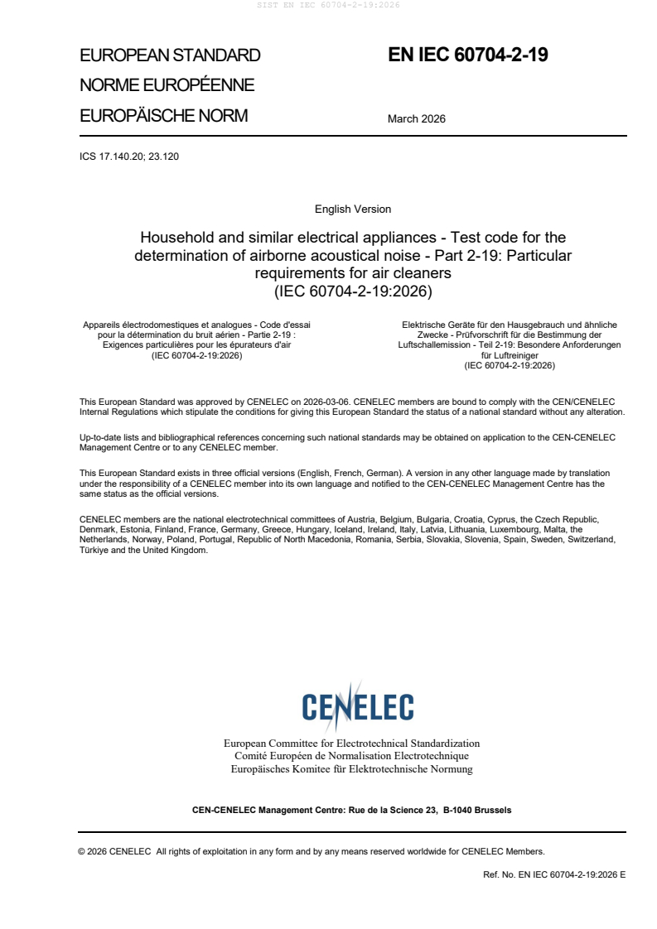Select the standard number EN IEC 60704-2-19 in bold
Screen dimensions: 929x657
pos(468,55)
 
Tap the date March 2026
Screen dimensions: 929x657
pos(417,118)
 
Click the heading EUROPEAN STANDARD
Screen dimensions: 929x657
pos(170,55)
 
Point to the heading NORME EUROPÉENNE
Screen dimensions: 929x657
pos(167,85)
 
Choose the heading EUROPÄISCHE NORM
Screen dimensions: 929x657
pos(163,116)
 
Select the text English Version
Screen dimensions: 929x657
pos(353,209)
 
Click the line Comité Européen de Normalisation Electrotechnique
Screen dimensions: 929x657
pos(352,756)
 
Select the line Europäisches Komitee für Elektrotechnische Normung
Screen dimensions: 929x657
pos(352,769)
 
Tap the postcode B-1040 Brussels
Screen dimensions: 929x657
pos(477,810)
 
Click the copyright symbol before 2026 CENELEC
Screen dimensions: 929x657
pos(81,851)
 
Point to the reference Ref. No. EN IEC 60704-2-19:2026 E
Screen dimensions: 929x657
pos(553,874)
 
